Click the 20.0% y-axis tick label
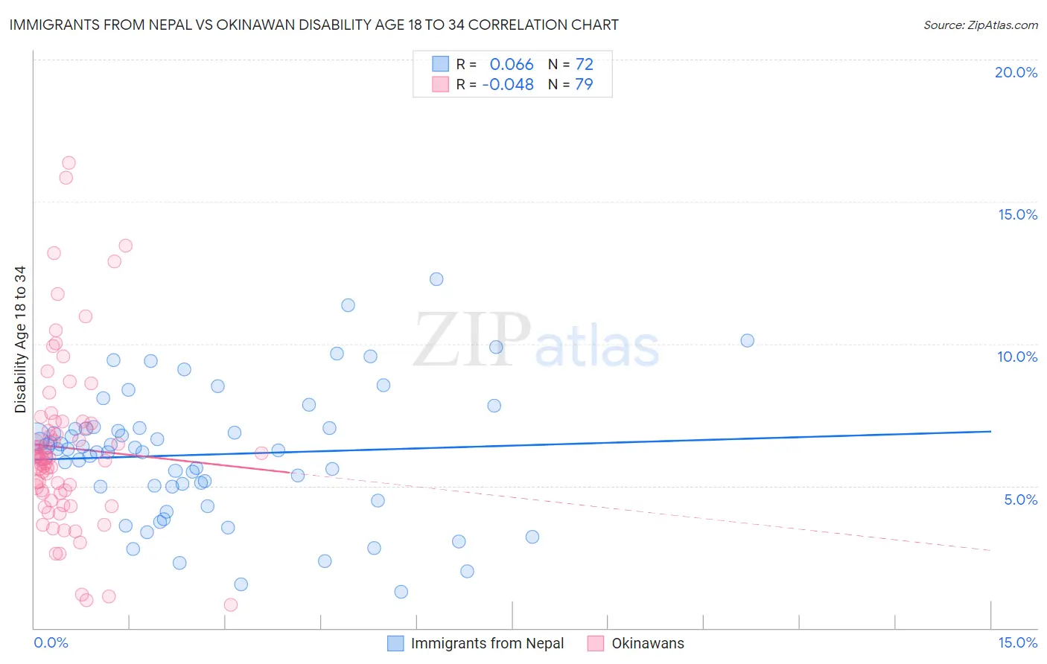click(x=1016, y=72)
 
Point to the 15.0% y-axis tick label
click(x=1017, y=214)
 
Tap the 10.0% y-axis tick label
click(x=1017, y=357)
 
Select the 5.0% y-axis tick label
click(x=1020, y=499)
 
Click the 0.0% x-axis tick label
click(x=51, y=643)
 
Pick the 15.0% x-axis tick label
click(x=1017, y=643)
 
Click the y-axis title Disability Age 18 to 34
click(x=20, y=339)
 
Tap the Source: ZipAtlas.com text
click(x=980, y=25)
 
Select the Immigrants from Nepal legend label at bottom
click(x=487, y=644)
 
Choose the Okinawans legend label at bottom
click(x=647, y=644)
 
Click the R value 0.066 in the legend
click(x=512, y=65)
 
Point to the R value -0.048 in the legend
click(x=508, y=85)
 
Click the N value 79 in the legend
click(x=584, y=85)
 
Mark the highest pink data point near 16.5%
click(x=69, y=163)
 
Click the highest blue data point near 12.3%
click(x=436, y=279)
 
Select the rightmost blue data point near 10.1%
click(x=747, y=340)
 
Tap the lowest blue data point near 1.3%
click(x=401, y=592)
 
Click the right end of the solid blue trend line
click(x=990, y=431)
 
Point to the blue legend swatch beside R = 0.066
click(x=441, y=65)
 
